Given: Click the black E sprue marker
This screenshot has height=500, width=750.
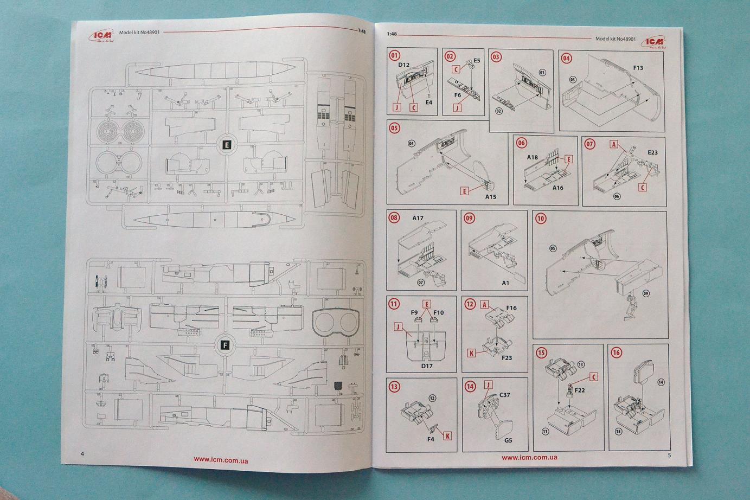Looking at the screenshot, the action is [x=227, y=144].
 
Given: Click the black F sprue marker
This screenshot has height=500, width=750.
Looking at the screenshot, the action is [x=226, y=345].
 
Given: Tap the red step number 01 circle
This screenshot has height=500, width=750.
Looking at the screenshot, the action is [x=394, y=55].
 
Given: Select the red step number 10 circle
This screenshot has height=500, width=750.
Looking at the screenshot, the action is [x=540, y=219].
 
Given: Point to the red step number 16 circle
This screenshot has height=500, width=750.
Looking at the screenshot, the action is [x=616, y=352].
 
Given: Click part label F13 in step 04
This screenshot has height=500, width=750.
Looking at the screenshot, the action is [x=638, y=68].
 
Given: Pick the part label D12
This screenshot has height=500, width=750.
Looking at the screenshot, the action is [x=403, y=65].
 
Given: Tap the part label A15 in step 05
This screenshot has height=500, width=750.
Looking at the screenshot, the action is [x=490, y=197].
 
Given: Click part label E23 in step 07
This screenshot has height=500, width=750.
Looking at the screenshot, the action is [x=652, y=152].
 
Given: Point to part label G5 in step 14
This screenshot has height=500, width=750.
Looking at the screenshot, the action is [x=508, y=440].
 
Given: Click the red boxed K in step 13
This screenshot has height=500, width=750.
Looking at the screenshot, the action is [x=447, y=435].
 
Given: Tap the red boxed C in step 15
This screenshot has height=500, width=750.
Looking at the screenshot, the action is [x=593, y=377].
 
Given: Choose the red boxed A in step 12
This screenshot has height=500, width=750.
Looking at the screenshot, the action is [x=485, y=305].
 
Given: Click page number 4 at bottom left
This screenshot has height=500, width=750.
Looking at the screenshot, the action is [x=82, y=454].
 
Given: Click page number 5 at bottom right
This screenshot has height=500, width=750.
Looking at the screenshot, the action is [x=669, y=455].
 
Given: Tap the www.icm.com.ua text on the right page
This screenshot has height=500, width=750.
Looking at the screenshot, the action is [x=529, y=457].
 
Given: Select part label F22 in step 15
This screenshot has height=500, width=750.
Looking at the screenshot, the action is [x=579, y=390].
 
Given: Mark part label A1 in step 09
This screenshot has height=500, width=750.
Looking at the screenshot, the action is [x=505, y=283].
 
